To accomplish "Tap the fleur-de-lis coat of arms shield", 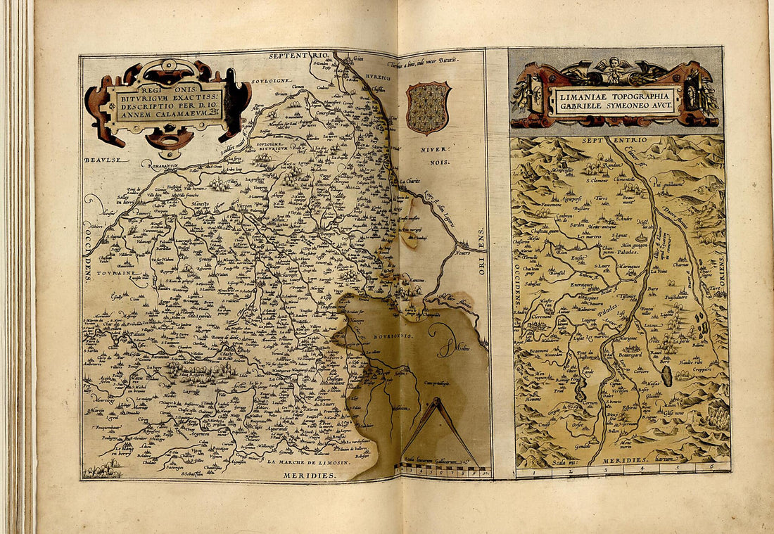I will [x=428, y=108].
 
